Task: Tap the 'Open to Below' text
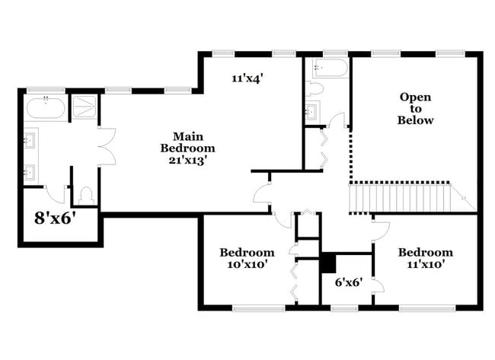[416, 109]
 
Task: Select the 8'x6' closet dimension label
[56, 218]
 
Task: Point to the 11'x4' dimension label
[248, 77]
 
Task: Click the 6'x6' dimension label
[349, 282]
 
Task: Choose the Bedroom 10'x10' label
[247, 258]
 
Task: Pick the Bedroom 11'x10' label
[425, 258]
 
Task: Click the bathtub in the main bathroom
[46, 107]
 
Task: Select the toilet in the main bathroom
[86, 196]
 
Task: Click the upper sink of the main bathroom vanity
[30, 141]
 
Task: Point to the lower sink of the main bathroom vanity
[30, 170]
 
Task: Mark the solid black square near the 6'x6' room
[327, 263]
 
